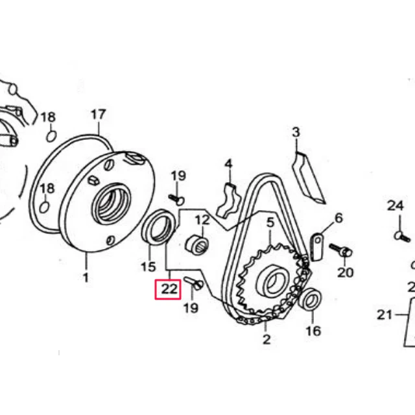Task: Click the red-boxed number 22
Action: [169, 289]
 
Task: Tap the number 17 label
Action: [98, 115]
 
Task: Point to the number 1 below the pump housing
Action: [86, 278]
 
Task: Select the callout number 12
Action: [202, 220]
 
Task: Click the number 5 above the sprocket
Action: [270, 222]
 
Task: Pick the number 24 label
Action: [396, 206]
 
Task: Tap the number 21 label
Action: [384, 315]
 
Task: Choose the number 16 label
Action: [313, 331]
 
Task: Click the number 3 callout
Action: [296, 132]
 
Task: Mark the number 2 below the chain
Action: [267, 340]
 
